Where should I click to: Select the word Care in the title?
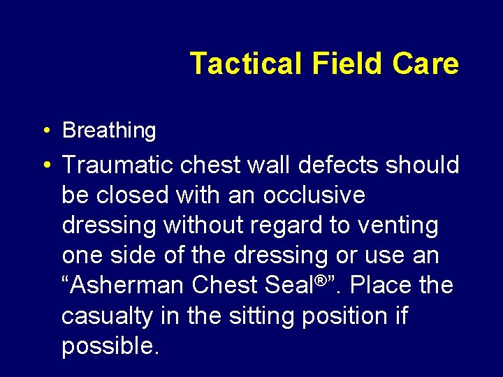coord(425,64)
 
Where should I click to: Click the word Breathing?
coord(109,131)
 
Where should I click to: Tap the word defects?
coord(324,166)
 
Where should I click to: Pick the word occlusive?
coord(314,196)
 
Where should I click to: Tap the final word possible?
coord(110,346)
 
